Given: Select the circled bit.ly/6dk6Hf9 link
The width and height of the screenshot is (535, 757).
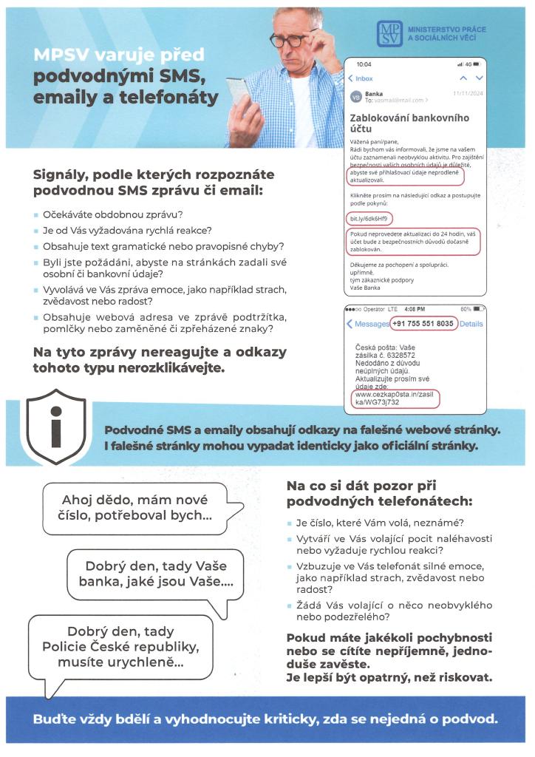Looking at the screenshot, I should tap(369, 219).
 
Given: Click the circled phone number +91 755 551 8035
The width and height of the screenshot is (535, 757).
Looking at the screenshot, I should tap(423, 324).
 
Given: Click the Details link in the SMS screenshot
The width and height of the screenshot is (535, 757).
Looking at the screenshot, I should tap(471, 324).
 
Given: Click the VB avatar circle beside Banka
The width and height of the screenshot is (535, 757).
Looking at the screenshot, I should tap(355, 97).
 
